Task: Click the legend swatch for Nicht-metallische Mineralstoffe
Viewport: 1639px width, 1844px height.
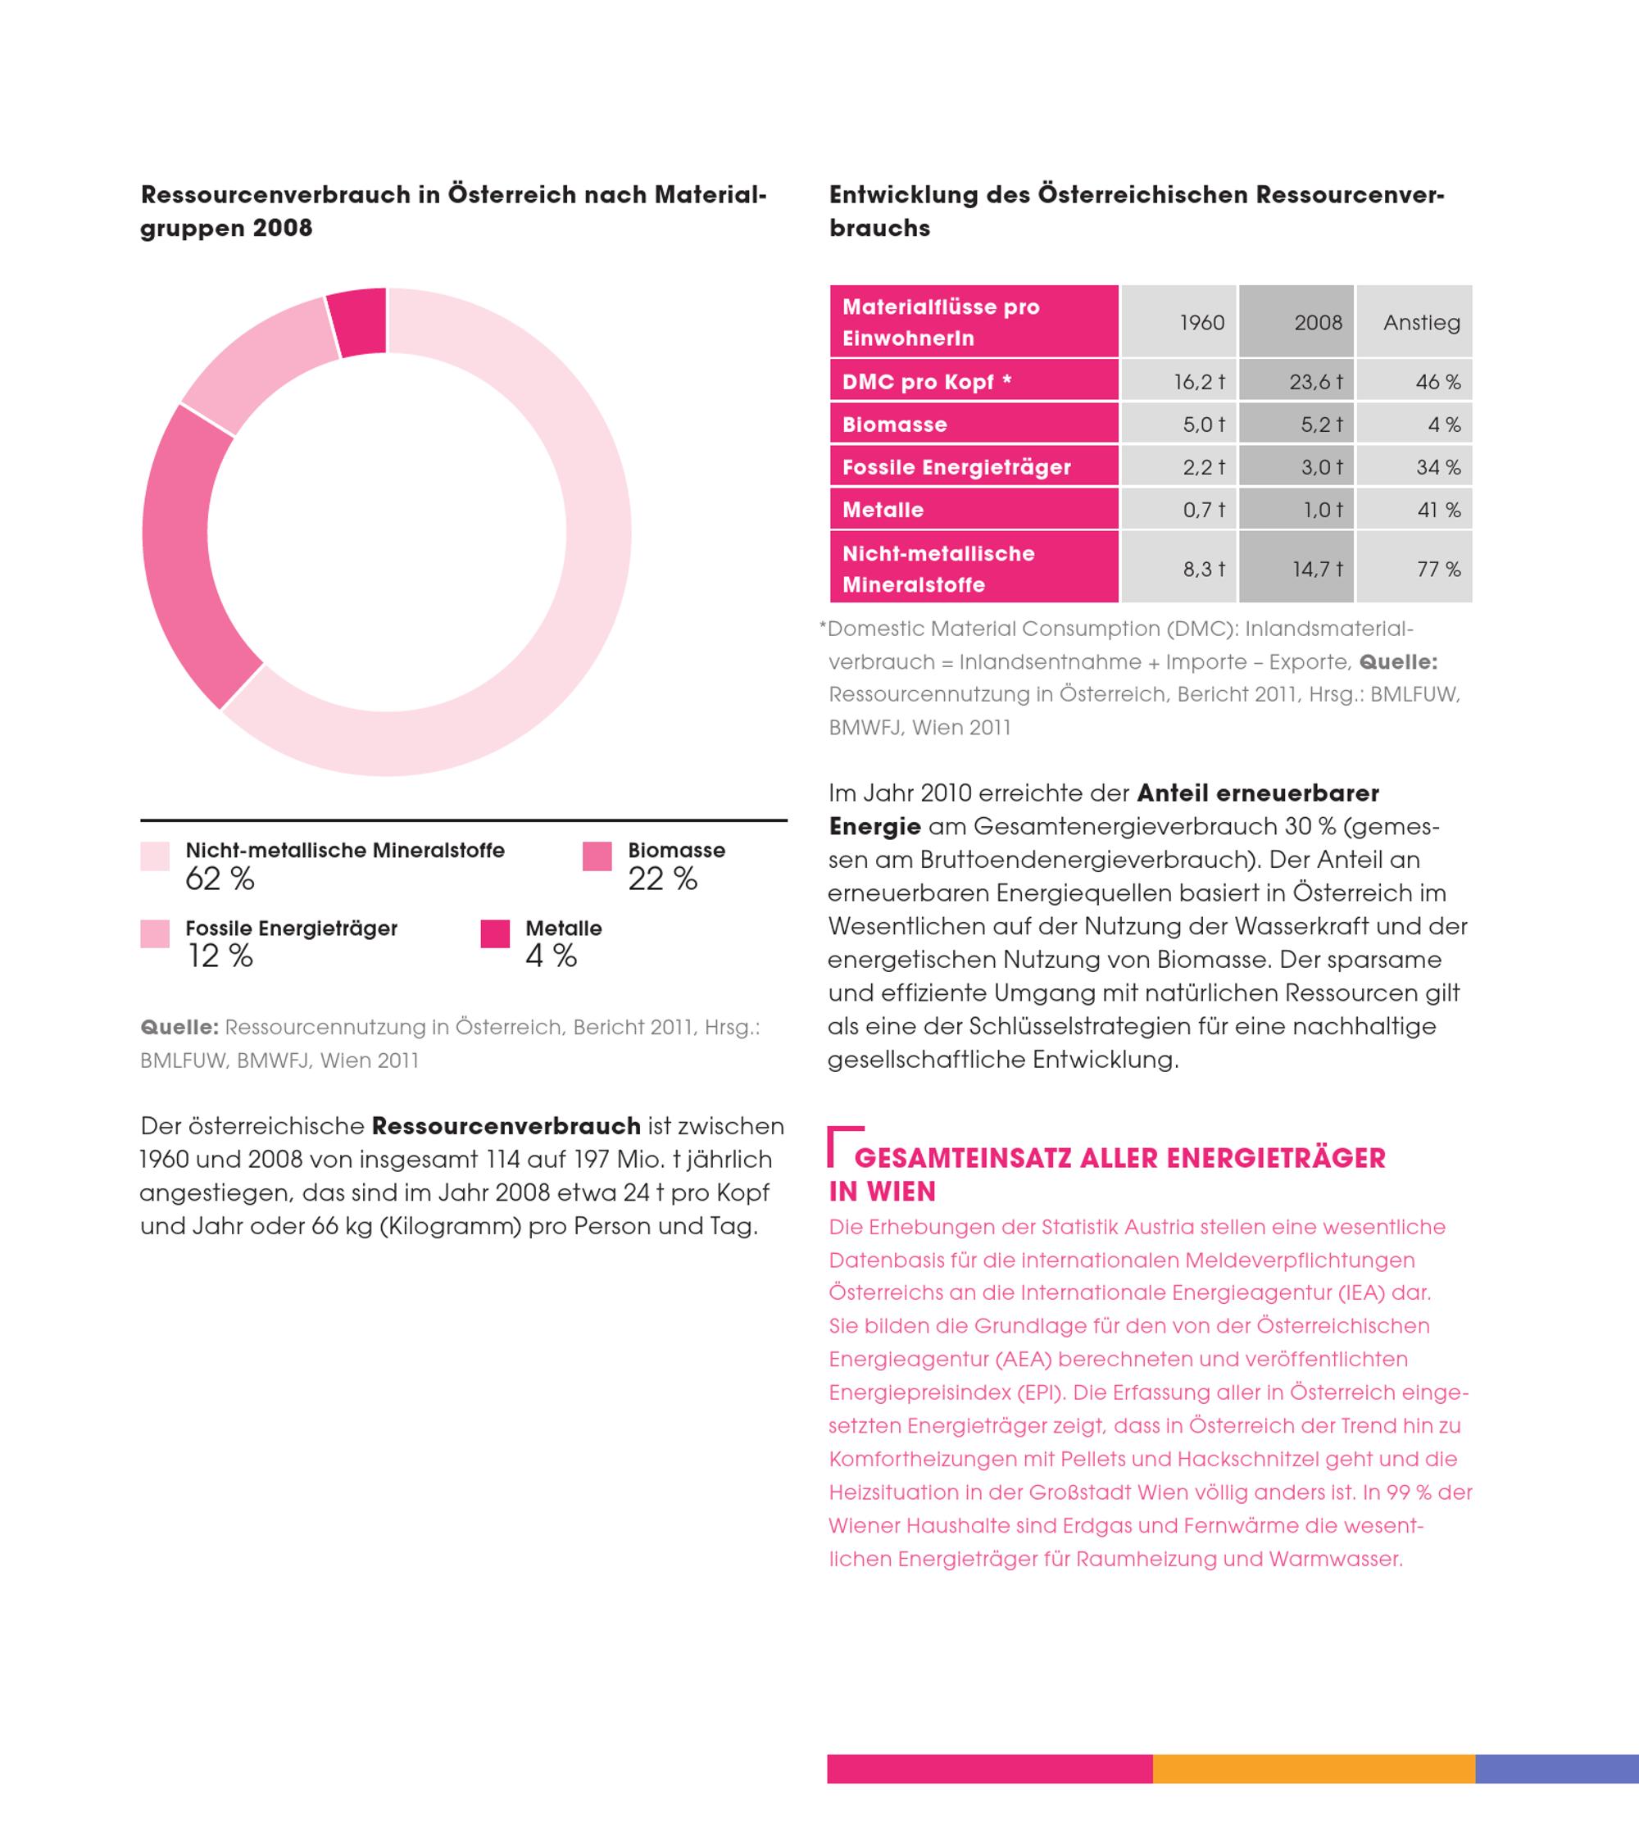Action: (x=155, y=856)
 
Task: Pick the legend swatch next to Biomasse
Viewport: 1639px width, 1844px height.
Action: (x=597, y=856)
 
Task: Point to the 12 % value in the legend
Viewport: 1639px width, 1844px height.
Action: (x=219, y=956)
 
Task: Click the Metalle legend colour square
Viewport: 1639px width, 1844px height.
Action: (x=495, y=933)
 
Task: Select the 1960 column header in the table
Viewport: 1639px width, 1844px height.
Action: (x=1201, y=322)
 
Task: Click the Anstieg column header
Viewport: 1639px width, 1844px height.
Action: (x=1422, y=322)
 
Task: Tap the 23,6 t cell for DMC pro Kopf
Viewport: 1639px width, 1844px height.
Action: (x=1316, y=382)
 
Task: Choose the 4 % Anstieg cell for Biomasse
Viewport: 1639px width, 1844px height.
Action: (x=1443, y=424)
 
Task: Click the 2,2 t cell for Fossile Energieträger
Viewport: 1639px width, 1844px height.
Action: (x=1203, y=467)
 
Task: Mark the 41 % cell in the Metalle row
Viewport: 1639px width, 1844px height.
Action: (x=1438, y=510)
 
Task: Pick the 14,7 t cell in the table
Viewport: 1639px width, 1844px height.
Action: (x=1317, y=568)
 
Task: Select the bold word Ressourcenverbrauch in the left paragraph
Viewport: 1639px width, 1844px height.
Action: (x=506, y=1126)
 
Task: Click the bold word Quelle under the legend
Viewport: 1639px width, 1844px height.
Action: (x=179, y=1027)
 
